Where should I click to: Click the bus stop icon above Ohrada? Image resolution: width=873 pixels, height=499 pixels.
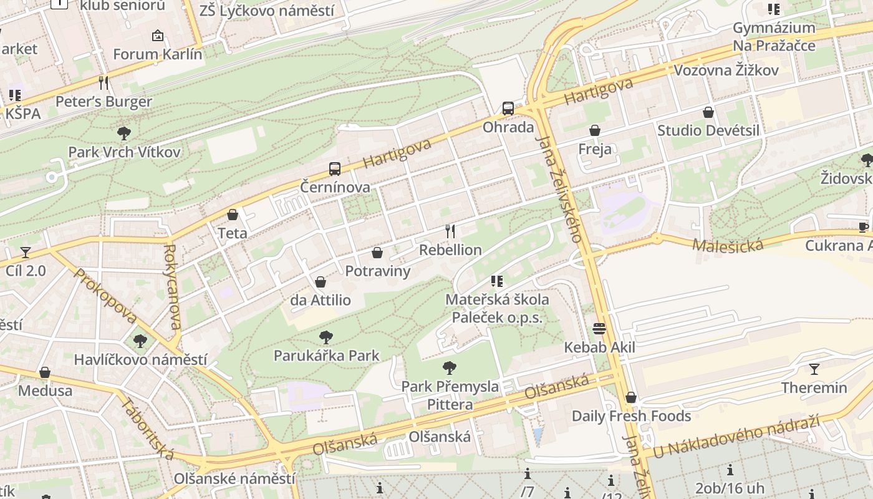coord(508,109)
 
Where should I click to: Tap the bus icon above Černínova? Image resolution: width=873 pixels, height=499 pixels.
coord(335,168)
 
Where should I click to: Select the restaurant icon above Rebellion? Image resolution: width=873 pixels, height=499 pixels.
coord(450,231)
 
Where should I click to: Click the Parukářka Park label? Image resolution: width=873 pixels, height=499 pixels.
coord(327,356)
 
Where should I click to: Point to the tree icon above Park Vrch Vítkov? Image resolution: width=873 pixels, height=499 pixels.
coord(124,133)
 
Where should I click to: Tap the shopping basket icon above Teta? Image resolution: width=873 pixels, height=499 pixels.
coord(233,215)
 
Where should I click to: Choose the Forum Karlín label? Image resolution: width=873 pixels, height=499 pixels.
coord(158,54)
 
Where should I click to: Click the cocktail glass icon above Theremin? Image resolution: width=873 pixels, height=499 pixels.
coord(814,369)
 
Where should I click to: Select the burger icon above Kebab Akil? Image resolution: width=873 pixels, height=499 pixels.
coord(599,328)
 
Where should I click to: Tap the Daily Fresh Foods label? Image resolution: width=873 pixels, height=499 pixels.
coord(631,416)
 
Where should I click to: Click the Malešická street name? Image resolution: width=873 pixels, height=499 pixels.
coord(728,244)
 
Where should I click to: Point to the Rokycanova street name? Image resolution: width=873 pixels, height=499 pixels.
coord(173,286)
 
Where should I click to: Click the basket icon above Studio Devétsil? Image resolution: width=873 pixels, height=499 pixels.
coord(708,112)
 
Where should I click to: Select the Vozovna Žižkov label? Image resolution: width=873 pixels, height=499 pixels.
coord(726,70)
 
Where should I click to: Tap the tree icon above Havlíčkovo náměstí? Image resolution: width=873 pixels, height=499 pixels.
coord(140,341)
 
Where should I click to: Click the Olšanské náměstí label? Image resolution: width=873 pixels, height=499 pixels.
coord(234,479)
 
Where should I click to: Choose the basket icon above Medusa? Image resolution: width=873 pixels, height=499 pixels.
coord(45,372)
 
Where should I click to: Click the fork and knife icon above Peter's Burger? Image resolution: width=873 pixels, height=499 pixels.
coord(104,82)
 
